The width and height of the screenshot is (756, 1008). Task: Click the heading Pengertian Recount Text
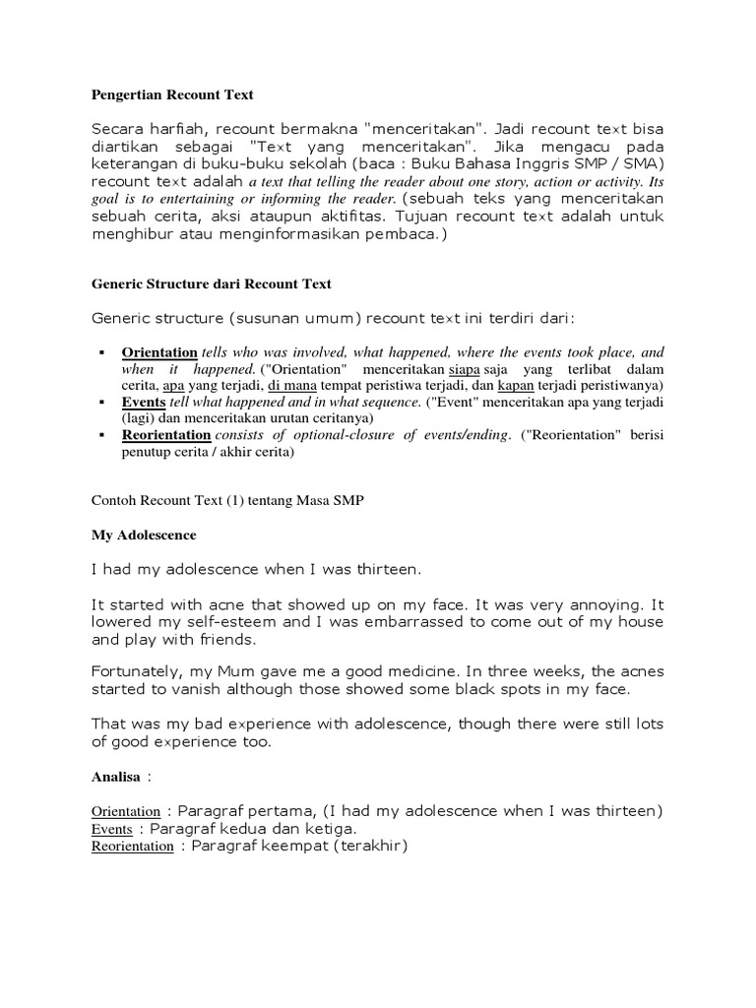click(x=172, y=95)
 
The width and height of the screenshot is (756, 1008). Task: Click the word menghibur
click(x=129, y=235)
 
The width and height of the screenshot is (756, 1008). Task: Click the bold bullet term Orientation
click(x=159, y=352)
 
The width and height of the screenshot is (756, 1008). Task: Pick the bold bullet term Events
click(x=144, y=403)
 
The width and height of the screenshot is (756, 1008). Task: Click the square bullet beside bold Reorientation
click(x=102, y=435)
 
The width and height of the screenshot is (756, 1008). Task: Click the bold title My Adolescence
click(x=144, y=535)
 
